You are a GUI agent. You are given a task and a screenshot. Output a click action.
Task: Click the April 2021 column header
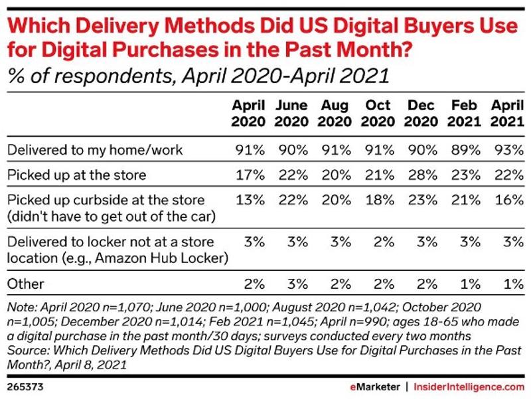(x=506, y=114)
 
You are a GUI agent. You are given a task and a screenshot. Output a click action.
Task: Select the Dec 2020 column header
(x=421, y=114)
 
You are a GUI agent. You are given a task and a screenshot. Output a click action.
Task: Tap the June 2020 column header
(x=291, y=114)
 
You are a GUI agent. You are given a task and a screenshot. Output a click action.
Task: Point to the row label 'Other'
(x=25, y=283)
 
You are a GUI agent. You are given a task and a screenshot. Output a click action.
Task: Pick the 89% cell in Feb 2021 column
(x=465, y=149)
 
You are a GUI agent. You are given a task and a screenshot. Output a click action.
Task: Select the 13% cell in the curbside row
(x=248, y=200)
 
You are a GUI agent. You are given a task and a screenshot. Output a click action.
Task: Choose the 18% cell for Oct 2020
(x=378, y=200)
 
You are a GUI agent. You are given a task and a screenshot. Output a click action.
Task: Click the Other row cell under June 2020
(x=293, y=283)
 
